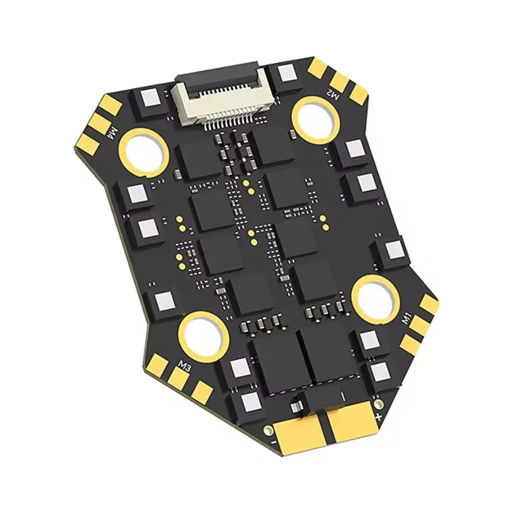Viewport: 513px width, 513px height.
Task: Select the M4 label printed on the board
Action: tap(112, 129)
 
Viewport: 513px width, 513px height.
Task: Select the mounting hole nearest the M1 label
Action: tap(376, 298)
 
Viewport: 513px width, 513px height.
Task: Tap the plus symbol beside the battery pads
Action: tap(378, 417)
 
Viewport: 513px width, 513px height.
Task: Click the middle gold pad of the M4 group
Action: tap(100, 126)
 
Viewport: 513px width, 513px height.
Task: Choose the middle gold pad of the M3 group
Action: tap(179, 379)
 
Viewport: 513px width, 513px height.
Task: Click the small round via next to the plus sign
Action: tap(379, 402)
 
